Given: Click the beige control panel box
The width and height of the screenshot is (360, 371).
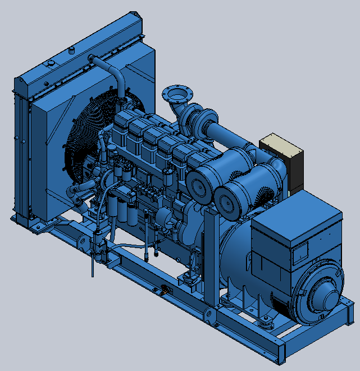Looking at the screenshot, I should pos(282,148).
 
